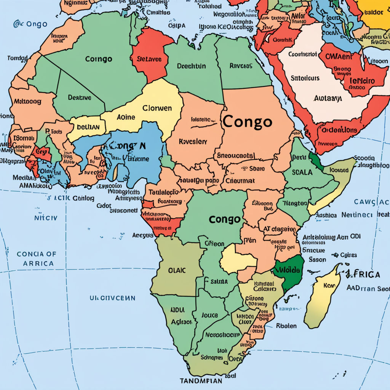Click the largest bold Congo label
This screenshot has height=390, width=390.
coord(247,122)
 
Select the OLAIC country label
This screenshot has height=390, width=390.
coord(177,271)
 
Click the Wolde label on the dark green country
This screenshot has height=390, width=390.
coord(288,270)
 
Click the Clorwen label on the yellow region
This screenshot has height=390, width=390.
coord(157,108)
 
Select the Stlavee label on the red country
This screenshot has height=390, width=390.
coord(149,59)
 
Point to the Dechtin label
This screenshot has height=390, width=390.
coord(191,66)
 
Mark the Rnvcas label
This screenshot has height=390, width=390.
coord(241,66)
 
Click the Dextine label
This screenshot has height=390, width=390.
coord(80,97)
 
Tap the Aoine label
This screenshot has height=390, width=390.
coord(126,117)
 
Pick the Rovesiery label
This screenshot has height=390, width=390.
coord(193,141)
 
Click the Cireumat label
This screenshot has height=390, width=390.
coord(240,181)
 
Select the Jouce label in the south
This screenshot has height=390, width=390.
coord(209,315)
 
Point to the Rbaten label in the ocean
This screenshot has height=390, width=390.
coord(286,326)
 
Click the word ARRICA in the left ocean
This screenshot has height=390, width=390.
coord(38,263)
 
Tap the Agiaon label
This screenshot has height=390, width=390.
coord(182,322)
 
